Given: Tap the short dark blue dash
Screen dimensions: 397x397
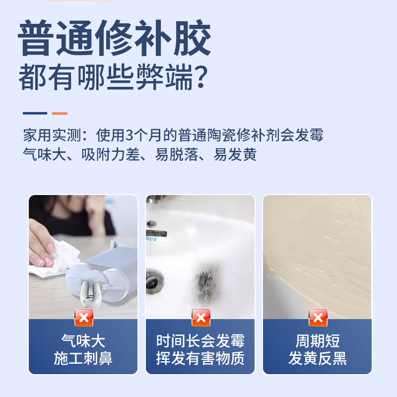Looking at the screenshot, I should click(35, 113).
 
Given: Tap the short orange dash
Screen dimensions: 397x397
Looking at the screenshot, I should click(60, 113).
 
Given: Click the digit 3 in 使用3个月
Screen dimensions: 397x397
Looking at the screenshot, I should click(131, 135).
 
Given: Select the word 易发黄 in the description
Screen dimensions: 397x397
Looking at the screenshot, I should click(235, 155).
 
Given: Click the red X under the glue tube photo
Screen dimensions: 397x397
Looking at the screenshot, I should click(84, 317).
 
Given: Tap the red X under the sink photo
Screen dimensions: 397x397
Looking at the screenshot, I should click(200, 317).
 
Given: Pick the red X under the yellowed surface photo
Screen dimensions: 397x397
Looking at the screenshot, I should click(318, 317).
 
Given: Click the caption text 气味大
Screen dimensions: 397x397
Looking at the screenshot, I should click(83, 341).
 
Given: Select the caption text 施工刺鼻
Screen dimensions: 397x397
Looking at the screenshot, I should click(83, 358).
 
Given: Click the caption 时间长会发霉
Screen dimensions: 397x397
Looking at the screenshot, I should click(200, 341).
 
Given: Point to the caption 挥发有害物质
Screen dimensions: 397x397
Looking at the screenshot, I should click(200, 358).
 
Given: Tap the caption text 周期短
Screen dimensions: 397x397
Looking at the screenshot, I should click(318, 341).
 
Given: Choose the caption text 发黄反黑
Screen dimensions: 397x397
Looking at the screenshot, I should click(318, 358).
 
